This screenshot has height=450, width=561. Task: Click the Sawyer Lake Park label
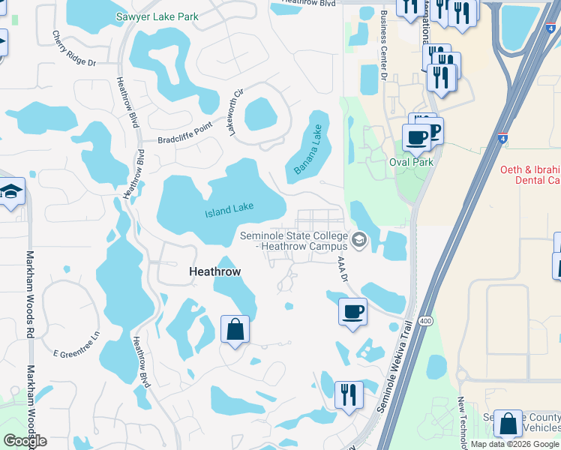click(x=157, y=16)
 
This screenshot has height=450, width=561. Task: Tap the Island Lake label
click(x=229, y=209)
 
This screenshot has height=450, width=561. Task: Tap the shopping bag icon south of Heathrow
click(x=235, y=329)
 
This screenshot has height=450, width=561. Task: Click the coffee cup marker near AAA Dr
click(x=352, y=310)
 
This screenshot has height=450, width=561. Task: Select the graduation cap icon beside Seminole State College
click(x=358, y=240)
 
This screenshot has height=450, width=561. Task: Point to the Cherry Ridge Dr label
click(x=75, y=49)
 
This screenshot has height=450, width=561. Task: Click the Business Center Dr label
click(x=383, y=44)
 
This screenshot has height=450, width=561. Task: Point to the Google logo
click(x=25, y=441)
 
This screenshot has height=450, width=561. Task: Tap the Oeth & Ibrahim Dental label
click(x=530, y=175)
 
